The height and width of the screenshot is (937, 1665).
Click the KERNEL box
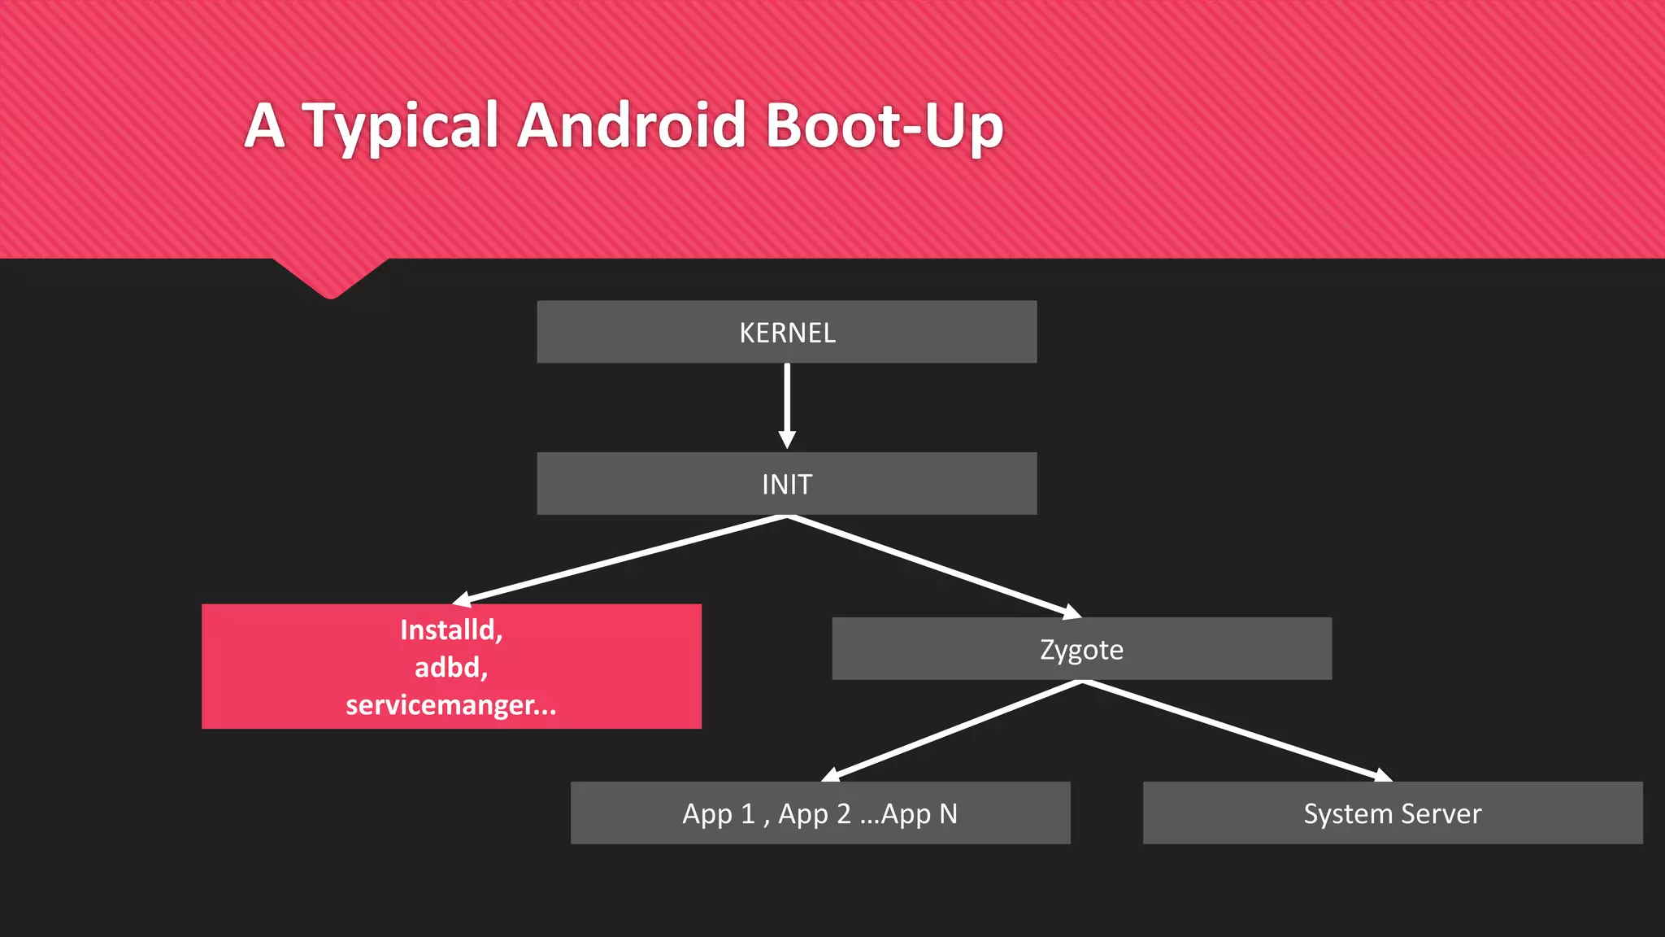coord(786,332)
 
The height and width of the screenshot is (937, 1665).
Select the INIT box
coord(786,484)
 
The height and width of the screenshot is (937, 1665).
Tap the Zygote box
coord(1081,649)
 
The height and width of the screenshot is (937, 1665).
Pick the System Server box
coord(1392,813)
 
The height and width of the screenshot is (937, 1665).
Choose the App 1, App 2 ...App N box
coord(819,813)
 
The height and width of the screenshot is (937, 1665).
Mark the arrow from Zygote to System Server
coord(1236,730)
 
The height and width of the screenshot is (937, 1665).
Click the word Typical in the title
coord(400,127)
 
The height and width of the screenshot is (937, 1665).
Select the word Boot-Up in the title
coord(885,127)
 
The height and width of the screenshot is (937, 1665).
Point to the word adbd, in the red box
coord(451,667)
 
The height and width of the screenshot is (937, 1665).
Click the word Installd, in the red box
coord(451,630)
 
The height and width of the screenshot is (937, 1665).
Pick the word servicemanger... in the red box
coord(451,704)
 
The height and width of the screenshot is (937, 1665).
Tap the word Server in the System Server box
coord(1441,813)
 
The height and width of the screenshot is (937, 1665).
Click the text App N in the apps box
coord(919,813)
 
